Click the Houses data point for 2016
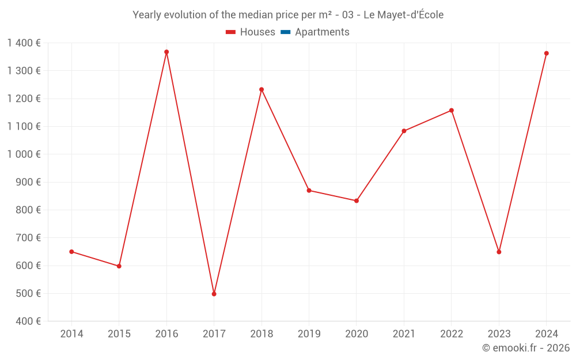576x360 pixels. pos(166,52)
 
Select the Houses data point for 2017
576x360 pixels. pos(214,294)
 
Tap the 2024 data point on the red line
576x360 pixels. pos(546,54)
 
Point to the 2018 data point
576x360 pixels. pos(262,89)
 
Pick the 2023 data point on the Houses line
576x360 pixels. pos(499,252)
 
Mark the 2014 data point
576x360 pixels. pos(71,252)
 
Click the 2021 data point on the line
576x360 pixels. pos(404,131)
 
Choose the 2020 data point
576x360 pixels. pos(357,200)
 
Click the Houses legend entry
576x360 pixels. pos(251,32)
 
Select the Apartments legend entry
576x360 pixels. pos(315,32)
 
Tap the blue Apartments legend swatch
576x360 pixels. pos(286,32)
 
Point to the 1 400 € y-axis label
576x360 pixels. pos(24,43)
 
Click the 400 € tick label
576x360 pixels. pos(29,321)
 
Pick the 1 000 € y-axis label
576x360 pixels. pos(24,154)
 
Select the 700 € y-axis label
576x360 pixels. pos(29,238)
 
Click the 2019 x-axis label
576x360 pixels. pos(309,334)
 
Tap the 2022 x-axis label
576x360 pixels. pos(451,334)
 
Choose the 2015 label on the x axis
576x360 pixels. pos(119,334)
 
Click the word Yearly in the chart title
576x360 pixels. pos(147,15)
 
